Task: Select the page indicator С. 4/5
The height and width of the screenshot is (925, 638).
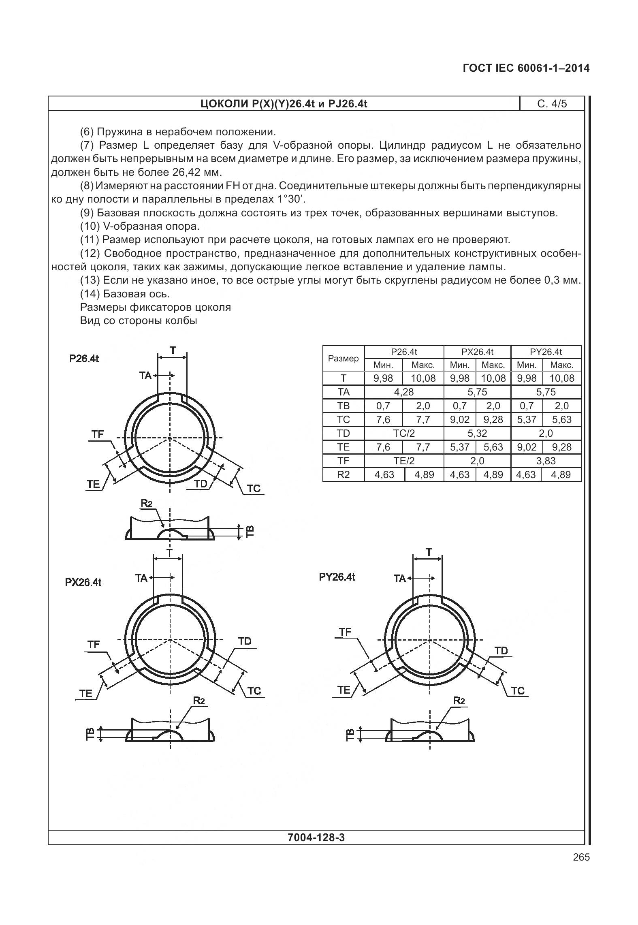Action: pyautogui.click(x=552, y=104)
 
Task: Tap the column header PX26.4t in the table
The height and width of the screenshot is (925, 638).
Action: pyautogui.click(x=477, y=352)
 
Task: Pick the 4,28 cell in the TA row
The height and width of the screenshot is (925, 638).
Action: pyautogui.click(x=404, y=392)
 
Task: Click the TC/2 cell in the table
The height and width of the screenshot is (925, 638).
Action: pyautogui.click(x=404, y=433)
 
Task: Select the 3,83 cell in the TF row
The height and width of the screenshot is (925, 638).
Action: pyautogui.click(x=546, y=461)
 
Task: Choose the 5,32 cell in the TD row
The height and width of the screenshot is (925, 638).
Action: pyautogui.click(x=477, y=433)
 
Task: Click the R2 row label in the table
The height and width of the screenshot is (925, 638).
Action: pyautogui.click(x=343, y=474)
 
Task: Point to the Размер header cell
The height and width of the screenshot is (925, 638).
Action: pyautogui.click(x=343, y=358)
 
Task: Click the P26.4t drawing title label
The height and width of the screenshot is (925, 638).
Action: pyautogui.click(x=84, y=359)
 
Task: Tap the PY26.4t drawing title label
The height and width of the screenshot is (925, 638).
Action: pyautogui.click(x=337, y=577)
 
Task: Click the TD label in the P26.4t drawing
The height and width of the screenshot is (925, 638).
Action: pyautogui.click(x=201, y=483)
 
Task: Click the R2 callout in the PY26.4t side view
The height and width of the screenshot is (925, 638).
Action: pyautogui.click(x=459, y=701)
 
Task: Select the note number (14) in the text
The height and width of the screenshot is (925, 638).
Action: pyautogui.click(x=90, y=293)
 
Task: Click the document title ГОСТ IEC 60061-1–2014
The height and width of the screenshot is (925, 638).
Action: pyautogui.click(x=526, y=68)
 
